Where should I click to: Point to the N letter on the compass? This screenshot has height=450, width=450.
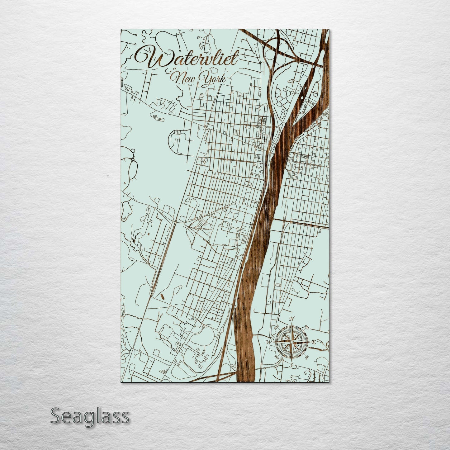(x=292, y=319)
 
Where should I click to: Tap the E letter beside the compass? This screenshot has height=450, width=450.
(x=314, y=342)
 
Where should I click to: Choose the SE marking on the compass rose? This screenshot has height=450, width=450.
(x=307, y=357)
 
